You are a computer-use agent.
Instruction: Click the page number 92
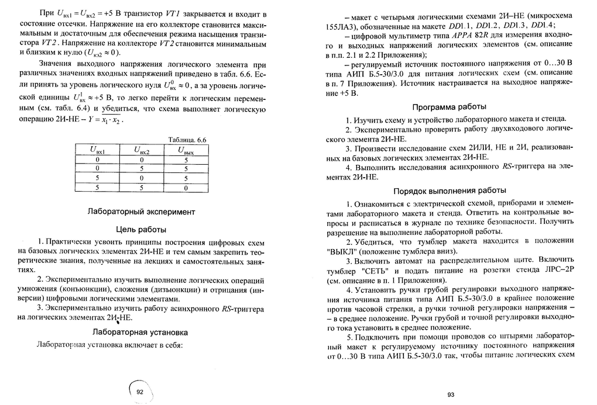pyautogui.click(x=139, y=392)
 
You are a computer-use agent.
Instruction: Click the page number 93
pyautogui.click(x=451, y=394)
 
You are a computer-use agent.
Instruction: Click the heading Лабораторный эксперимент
pyautogui.click(x=140, y=212)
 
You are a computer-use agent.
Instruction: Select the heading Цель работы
pyautogui.click(x=141, y=229)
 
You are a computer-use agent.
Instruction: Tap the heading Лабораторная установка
pyautogui.click(x=140, y=332)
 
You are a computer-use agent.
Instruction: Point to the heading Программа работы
pyautogui.click(x=450, y=107)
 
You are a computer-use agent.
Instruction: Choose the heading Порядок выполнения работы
pyautogui.click(x=450, y=191)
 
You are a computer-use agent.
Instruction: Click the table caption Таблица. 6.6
pyautogui.click(x=187, y=140)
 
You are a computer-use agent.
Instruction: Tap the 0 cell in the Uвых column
pyautogui.click(x=186, y=188)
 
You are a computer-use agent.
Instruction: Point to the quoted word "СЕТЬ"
pyautogui.click(x=376, y=271)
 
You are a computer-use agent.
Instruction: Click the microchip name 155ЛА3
pyautogui.click(x=343, y=26)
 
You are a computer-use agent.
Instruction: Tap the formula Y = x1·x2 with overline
pyautogui.click(x=104, y=120)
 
